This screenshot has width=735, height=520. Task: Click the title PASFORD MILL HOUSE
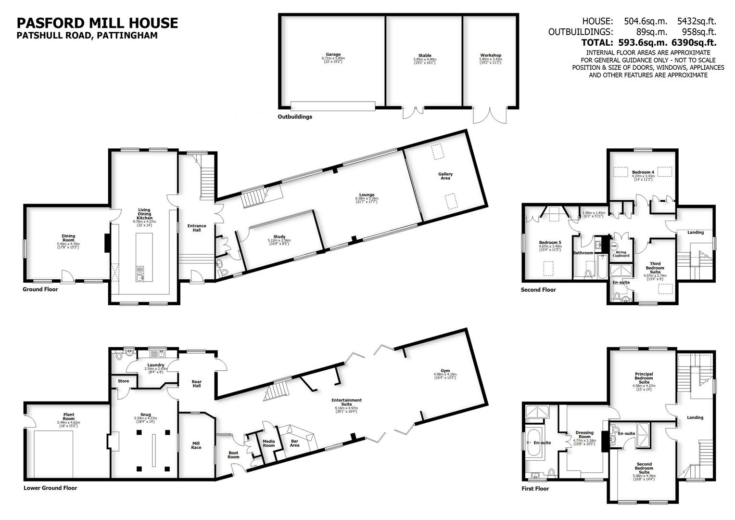(x=97, y=23)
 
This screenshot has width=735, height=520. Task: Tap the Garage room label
(x=333, y=55)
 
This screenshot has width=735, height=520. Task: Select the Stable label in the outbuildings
(x=424, y=56)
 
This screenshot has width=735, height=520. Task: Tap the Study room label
(x=279, y=237)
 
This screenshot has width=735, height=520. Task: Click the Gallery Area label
(x=445, y=176)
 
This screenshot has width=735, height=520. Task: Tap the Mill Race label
(x=196, y=445)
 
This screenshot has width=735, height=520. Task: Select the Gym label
(x=445, y=371)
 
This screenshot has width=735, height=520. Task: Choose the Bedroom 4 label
(x=643, y=172)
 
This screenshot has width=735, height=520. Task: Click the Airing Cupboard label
(x=621, y=254)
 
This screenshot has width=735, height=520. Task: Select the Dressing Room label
(x=584, y=435)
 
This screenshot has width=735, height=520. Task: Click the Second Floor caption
(x=538, y=290)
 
